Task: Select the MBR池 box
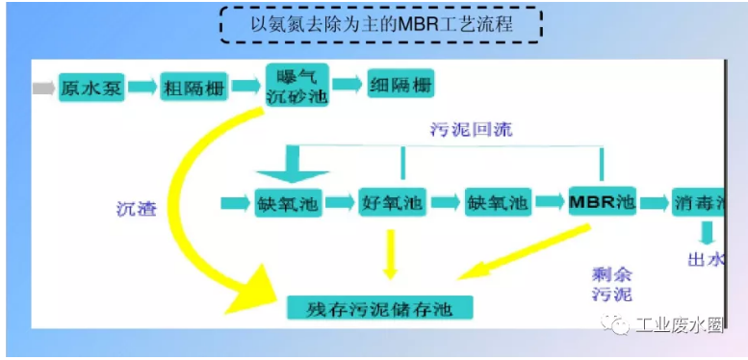click(x=603, y=203)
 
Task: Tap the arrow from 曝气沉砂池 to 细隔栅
click(x=348, y=87)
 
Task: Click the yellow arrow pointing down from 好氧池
click(x=389, y=252)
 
